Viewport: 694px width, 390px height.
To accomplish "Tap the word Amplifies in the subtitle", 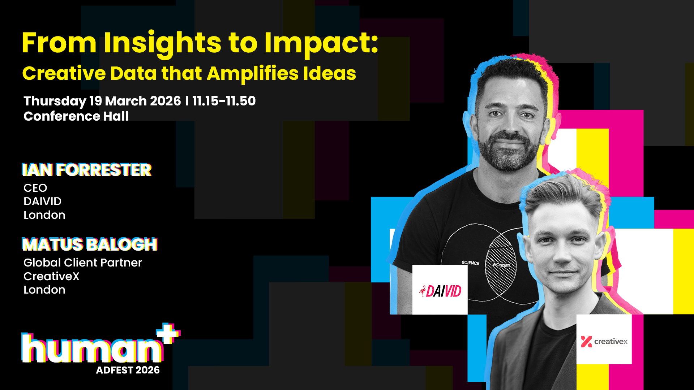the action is tap(252, 74).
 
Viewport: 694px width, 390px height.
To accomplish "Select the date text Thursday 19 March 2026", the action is tap(102, 101).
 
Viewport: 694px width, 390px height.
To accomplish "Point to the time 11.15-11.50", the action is tap(224, 101).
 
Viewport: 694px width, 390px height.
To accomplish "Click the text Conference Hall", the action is tap(76, 116).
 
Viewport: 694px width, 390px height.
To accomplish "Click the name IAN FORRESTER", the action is tap(87, 170).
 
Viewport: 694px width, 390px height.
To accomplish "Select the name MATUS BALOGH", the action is tap(90, 244).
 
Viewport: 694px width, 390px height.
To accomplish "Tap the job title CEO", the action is tap(35, 188).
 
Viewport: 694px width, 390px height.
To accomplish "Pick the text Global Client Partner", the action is tap(83, 263).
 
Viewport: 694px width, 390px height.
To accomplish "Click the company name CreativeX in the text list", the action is tap(51, 276).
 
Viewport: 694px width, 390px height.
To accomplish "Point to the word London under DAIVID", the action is tap(44, 215).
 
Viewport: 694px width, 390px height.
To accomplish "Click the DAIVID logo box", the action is tap(440, 290).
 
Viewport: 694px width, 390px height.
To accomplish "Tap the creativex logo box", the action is tap(604, 339).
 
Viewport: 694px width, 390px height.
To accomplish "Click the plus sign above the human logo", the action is tap(168, 333).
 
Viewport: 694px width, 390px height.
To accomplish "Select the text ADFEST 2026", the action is tap(128, 370).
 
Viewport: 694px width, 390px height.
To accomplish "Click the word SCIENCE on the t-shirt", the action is tap(470, 263).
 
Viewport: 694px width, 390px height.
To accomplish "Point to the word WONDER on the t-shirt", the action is tap(501, 265).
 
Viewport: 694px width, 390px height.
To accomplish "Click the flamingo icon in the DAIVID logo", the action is tap(422, 291).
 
